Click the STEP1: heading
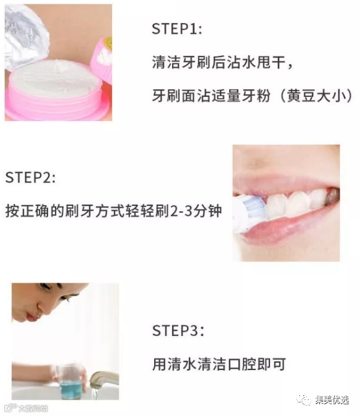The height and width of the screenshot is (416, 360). click(x=177, y=28)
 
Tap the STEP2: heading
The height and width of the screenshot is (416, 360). click(x=30, y=177)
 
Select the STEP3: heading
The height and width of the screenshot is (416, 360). click(x=178, y=331)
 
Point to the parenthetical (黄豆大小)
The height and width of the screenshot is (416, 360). click(x=316, y=96)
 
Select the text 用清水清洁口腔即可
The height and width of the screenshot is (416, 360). click(x=219, y=364)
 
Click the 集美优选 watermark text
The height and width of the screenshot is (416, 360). click(x=332, y=400)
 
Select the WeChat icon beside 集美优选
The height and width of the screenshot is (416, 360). click(x=304, y=400)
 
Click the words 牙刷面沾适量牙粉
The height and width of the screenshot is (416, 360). click(x=211, y=96)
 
